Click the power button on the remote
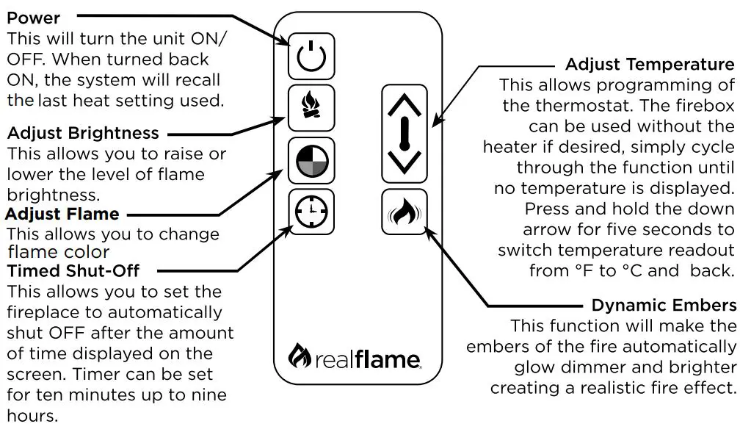pyautogui.click(x=311, y=55)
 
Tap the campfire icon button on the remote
pyautogui.click(x=311, y=108)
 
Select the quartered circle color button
pyautogui.click(x=311, y=160)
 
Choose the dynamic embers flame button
pyautogui.click(x=404, y=213)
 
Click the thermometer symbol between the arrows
pyautogui.click(x=404, y=133)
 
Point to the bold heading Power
pyautogui.click(x=34, y=16)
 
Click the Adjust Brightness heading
pyautogui.click(x=82, y=134)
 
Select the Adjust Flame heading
pyautogui.click(x=62, y=215)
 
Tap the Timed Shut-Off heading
pyautogui.click(x=73, y=270)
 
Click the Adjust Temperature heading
pyautogui.click(x=649, y=64)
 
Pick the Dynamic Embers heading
pyautogui.click(x=663, y=305)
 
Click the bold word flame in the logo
pyautogui.click(x=387, y=359)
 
